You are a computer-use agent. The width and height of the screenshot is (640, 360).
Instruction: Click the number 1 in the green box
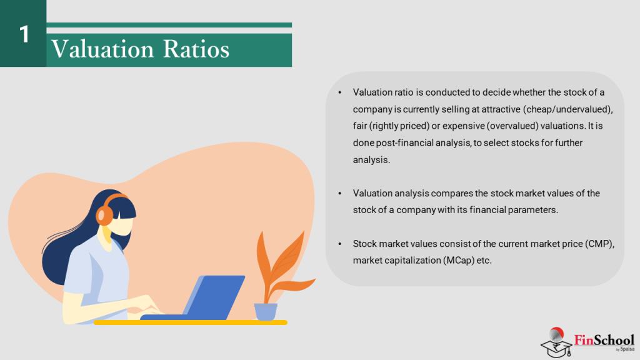click(24, 34)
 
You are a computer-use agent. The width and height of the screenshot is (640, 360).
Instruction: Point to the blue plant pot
click(265, 311)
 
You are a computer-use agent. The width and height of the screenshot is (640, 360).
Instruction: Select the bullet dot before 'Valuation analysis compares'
click(339, 194)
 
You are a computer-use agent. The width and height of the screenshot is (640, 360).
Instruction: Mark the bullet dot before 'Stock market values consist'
click(339, 244)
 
